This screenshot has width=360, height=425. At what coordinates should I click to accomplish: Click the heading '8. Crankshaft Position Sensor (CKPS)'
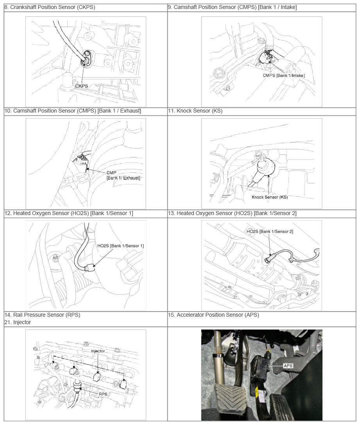[50, 7]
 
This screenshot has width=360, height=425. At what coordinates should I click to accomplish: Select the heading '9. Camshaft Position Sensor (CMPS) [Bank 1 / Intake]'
[233, 7]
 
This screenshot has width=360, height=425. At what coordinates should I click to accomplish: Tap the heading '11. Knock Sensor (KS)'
[195, 111]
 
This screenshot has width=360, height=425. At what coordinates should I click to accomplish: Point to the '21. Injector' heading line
[18, 322]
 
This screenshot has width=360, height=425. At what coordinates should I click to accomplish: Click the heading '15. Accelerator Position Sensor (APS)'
[214, 315]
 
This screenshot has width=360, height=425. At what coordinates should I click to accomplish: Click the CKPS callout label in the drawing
[82, 86]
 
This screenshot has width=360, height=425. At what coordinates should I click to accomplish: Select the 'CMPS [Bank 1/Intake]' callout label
[284, 75]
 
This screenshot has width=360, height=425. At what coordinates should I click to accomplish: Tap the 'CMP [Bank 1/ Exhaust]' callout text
[123, 176]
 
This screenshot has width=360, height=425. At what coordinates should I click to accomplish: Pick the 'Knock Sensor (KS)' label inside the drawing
[270, 197]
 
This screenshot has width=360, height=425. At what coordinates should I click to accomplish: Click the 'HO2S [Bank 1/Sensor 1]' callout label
[120, 246]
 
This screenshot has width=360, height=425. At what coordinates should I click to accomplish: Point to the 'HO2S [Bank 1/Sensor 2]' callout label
[270, 231]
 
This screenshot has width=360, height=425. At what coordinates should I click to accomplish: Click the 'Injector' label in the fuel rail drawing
[98, 351]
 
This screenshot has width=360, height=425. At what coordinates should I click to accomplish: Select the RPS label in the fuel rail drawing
[103, 394]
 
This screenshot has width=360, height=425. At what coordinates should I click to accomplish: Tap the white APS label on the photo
[288, 366]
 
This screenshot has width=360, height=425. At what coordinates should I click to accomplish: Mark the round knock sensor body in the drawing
[266, 167]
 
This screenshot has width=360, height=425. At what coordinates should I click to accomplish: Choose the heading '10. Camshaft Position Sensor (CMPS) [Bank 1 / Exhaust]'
[73, 111]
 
